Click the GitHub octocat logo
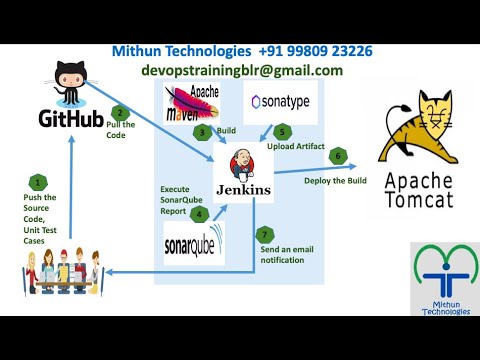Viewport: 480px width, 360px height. [68, 79]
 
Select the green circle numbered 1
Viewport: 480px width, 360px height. [38, 182]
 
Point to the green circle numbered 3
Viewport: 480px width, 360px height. [202, 131]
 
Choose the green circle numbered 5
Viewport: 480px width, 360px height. [283, 130]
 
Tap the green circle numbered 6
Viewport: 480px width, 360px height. [338, 156]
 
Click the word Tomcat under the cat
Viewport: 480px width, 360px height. [424, 202]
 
